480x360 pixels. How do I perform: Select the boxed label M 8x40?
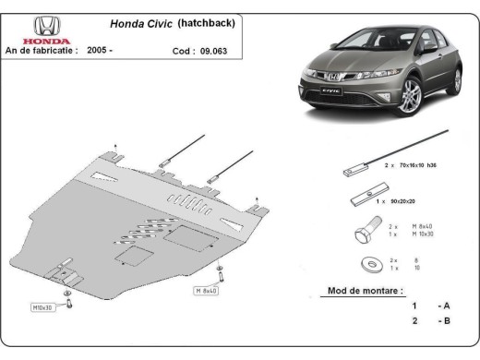(206, 291)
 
